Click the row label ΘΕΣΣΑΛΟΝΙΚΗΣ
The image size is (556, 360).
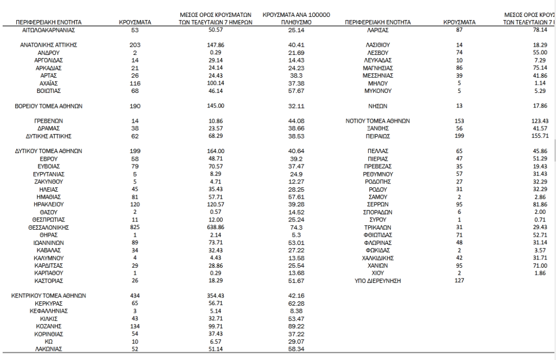click(49, 228)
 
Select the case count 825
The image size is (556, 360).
click(135, 228)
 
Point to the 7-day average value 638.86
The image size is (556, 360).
click(216, 228)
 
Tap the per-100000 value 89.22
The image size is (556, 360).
click(296, 326)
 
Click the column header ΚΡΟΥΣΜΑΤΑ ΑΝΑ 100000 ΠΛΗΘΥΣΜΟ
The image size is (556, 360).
click(296, 18)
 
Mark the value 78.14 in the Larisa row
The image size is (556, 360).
click(541, 30)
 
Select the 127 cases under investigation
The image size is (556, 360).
click(459, 281)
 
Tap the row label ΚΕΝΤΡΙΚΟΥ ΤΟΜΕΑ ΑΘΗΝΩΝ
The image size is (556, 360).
click(49, 296)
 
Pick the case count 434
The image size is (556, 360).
click(135, 296)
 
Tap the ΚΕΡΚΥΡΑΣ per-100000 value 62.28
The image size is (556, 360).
click(296, 303)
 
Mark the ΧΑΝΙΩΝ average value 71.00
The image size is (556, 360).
click(541, 266)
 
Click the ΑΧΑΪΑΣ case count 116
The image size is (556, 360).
click(135, 83)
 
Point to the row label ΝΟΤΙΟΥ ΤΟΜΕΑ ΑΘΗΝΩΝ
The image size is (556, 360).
click(377, 121)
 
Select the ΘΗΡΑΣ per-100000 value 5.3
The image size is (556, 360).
click(296, 235)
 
